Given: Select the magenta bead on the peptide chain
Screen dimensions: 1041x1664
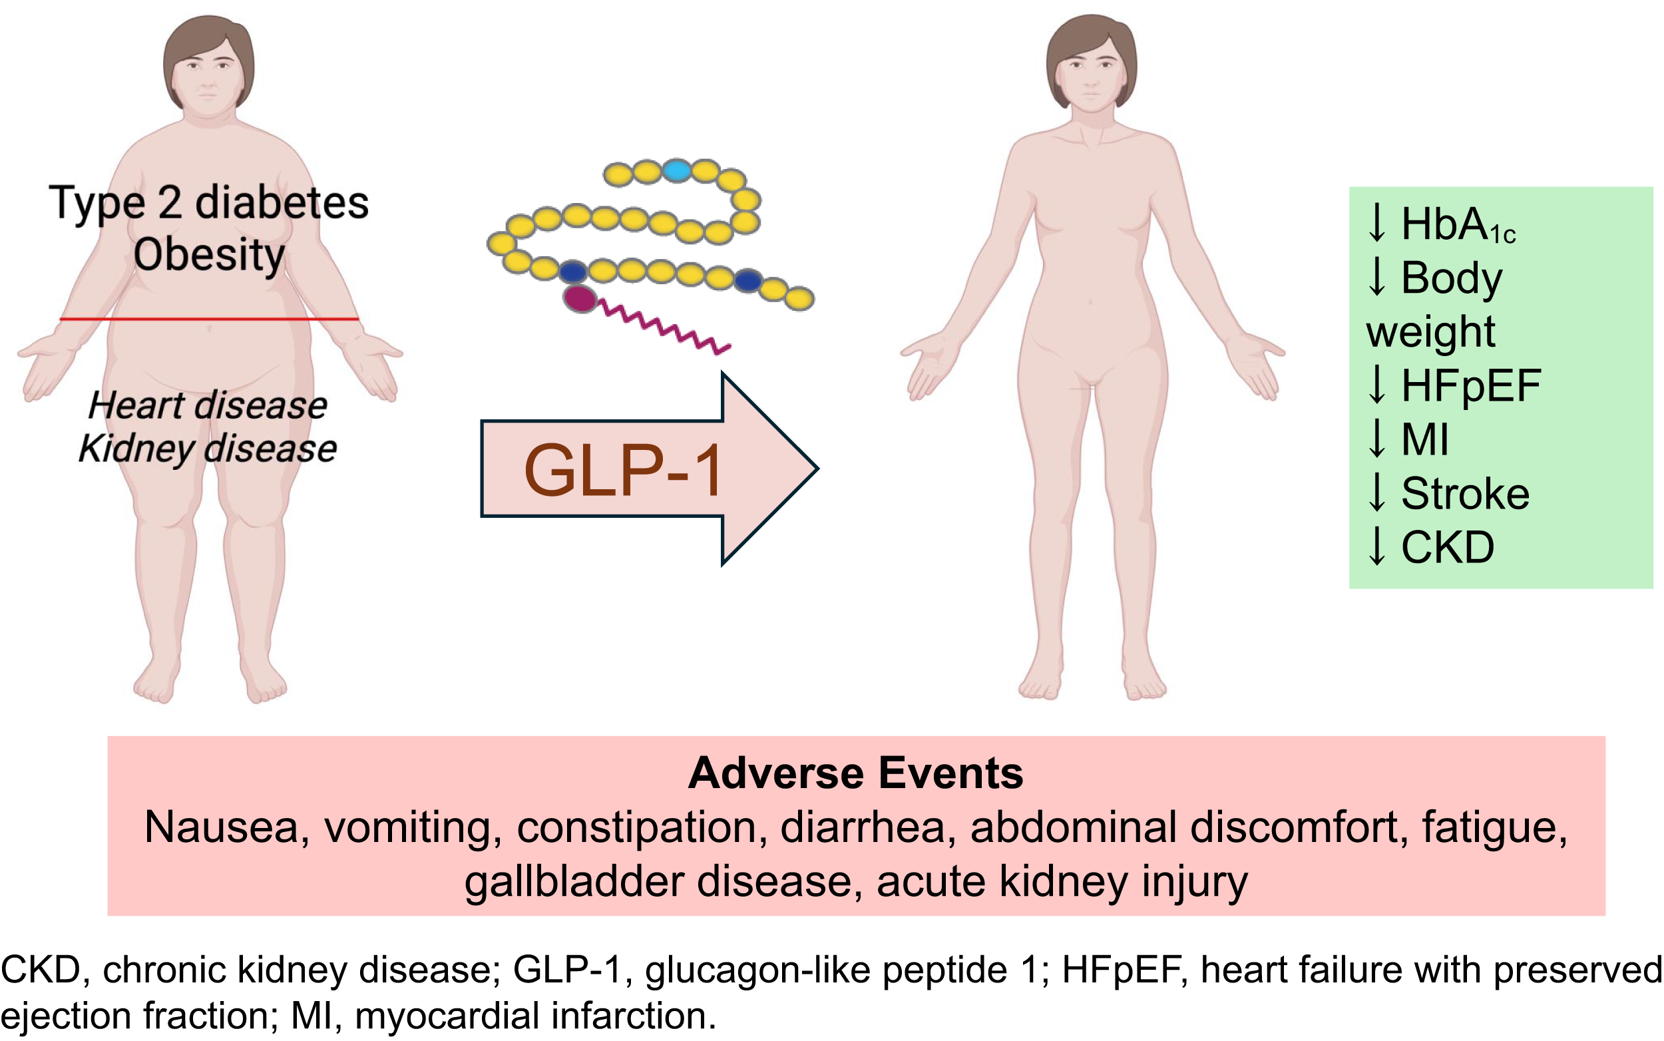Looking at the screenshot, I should (580, 299).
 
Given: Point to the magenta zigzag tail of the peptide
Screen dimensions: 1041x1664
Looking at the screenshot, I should (664, 326).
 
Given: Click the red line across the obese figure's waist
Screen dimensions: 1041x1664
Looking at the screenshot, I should (209, 319).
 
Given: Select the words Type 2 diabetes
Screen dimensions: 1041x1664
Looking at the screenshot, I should (209, 204).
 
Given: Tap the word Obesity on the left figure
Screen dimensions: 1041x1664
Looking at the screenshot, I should (209, 255).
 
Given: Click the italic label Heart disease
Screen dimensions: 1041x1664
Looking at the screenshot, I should (208, 405).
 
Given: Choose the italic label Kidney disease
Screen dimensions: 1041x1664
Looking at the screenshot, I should (208, 449).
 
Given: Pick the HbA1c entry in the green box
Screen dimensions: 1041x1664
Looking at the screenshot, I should (1458, 224).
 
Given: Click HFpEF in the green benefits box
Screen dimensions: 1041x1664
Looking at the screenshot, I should (1470, 385).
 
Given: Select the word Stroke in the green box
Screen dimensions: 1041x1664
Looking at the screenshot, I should (1465, 494).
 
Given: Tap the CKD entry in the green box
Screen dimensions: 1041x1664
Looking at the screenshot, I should (1447, 547).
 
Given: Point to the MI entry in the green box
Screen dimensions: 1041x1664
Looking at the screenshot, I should (1425, 439).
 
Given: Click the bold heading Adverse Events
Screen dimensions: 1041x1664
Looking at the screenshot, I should (856, 773).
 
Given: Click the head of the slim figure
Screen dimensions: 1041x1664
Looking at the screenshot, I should (1091, 65).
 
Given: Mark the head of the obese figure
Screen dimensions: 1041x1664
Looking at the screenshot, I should (208, 65).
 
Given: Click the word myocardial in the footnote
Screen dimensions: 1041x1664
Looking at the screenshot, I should (445, 1016).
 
